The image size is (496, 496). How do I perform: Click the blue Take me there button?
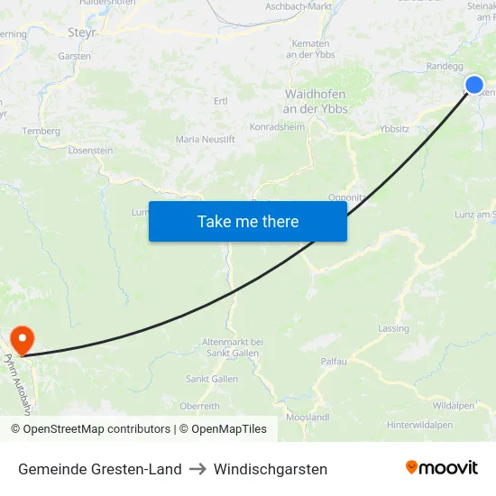248,221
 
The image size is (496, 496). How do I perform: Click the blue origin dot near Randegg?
474,85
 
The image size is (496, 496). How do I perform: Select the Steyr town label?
82,32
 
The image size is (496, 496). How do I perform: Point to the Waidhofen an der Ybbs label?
316,101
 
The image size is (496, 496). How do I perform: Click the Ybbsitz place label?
395,129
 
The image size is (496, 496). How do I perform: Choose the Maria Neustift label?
206,140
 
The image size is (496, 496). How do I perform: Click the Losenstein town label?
90,151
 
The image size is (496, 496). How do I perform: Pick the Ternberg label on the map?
41,131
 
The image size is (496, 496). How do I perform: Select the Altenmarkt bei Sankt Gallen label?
233,347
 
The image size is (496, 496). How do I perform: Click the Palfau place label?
334,361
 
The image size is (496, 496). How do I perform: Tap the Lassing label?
394,328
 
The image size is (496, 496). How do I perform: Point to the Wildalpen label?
454,406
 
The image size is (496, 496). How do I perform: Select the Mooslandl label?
308,418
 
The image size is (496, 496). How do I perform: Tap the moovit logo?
442,468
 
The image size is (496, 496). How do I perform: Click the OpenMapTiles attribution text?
229,429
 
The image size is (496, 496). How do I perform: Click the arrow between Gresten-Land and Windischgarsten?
197,469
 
